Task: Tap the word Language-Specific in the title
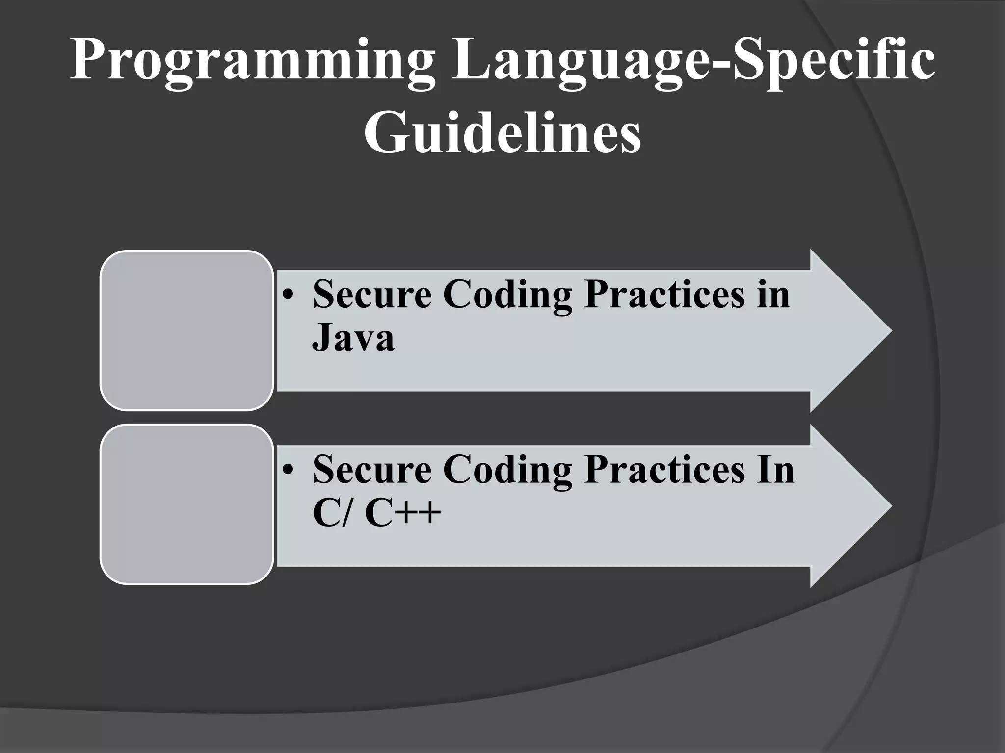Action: pos(692,61)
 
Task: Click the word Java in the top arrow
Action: pos(353,338)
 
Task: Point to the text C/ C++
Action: pos(377,513)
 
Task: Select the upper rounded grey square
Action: pos(186,330)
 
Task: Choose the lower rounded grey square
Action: pos(186,504)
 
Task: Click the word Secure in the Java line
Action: pos(372,295)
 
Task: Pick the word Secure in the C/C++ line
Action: pos(372,470)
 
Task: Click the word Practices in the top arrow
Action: pos(664,295)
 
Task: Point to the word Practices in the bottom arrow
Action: pos(664,470)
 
